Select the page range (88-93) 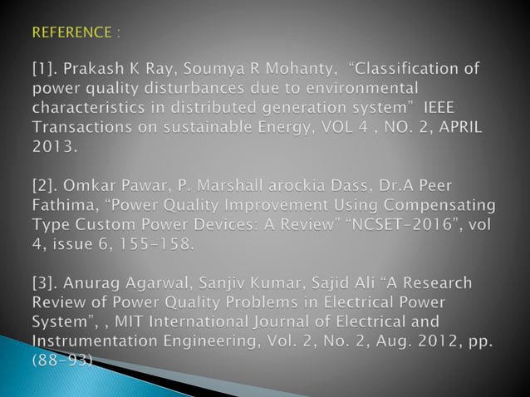pyautogui.click(x=62, y=359)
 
